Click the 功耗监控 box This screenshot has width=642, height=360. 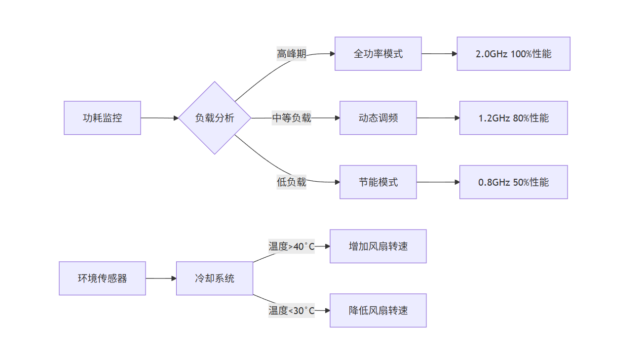click(x=102, y=118)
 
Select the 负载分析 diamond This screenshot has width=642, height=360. click(x=215, y=118)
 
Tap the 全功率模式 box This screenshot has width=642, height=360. click(x=378, y=54)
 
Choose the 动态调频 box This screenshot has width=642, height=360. click(x=378, y=118)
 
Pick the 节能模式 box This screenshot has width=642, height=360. click(x=378, y=182)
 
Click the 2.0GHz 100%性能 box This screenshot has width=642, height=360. click(x=513, y=54)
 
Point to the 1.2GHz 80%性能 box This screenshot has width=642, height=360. click(x=513, y=118)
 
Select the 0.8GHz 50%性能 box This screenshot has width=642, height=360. click(x=513, y=182)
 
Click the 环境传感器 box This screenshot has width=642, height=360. click(x=102, y=279)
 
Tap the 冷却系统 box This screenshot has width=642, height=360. click(x=215, y=279)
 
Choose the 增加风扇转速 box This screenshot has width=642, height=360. click(x=378, y=246)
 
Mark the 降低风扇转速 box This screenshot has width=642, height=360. click(x=378, y=311)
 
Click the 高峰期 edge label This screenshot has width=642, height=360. click(x=291, y=54)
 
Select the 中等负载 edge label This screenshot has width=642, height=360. click(x=291, y=118)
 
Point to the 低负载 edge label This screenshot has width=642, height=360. click(x=291, y=182)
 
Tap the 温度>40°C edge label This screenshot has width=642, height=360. click(x=291, y=246)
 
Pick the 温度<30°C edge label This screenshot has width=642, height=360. click(x=291, y=311)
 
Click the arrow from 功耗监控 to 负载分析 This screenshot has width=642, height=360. click(x=159, y=118)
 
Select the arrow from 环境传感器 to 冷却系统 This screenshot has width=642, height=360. click(x=161, y=279)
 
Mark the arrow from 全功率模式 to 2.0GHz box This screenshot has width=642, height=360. click(x=439, y=54)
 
